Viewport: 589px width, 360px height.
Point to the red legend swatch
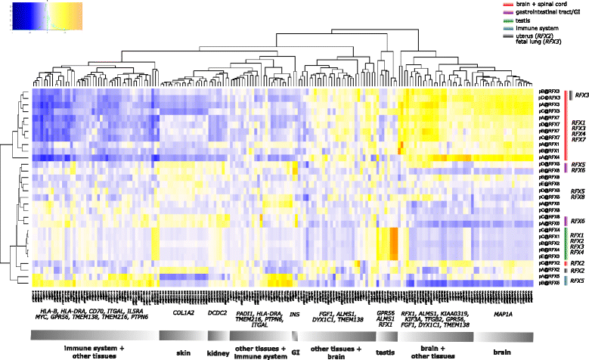[503, 5]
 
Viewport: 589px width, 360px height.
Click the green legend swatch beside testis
[503, 20]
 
